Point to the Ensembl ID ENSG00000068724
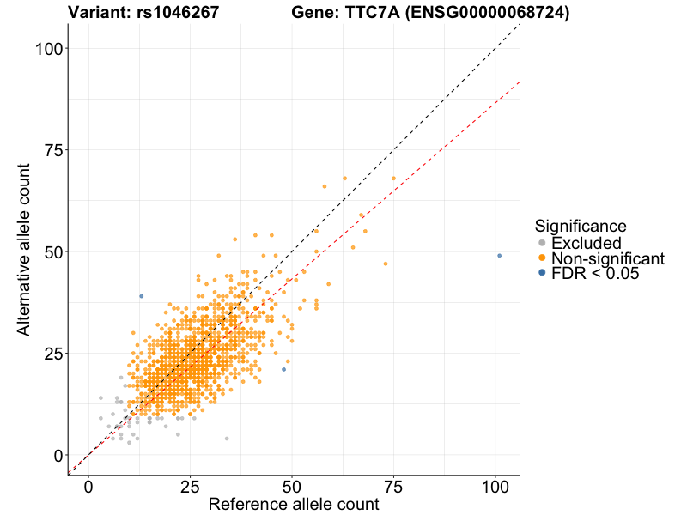(x=485, y=13)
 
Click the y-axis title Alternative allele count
(x=27, y=250)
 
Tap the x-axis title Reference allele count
(x=294, y=505)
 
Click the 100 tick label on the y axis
(x=50, y=49)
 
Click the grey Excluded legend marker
(x=541, y=243)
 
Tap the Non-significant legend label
(x=608, y=258)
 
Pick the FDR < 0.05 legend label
(x=596, y=274)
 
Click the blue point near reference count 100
(x=499, y=256)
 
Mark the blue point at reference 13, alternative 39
(x=142, y=296)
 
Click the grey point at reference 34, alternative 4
(x=227, y=439)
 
